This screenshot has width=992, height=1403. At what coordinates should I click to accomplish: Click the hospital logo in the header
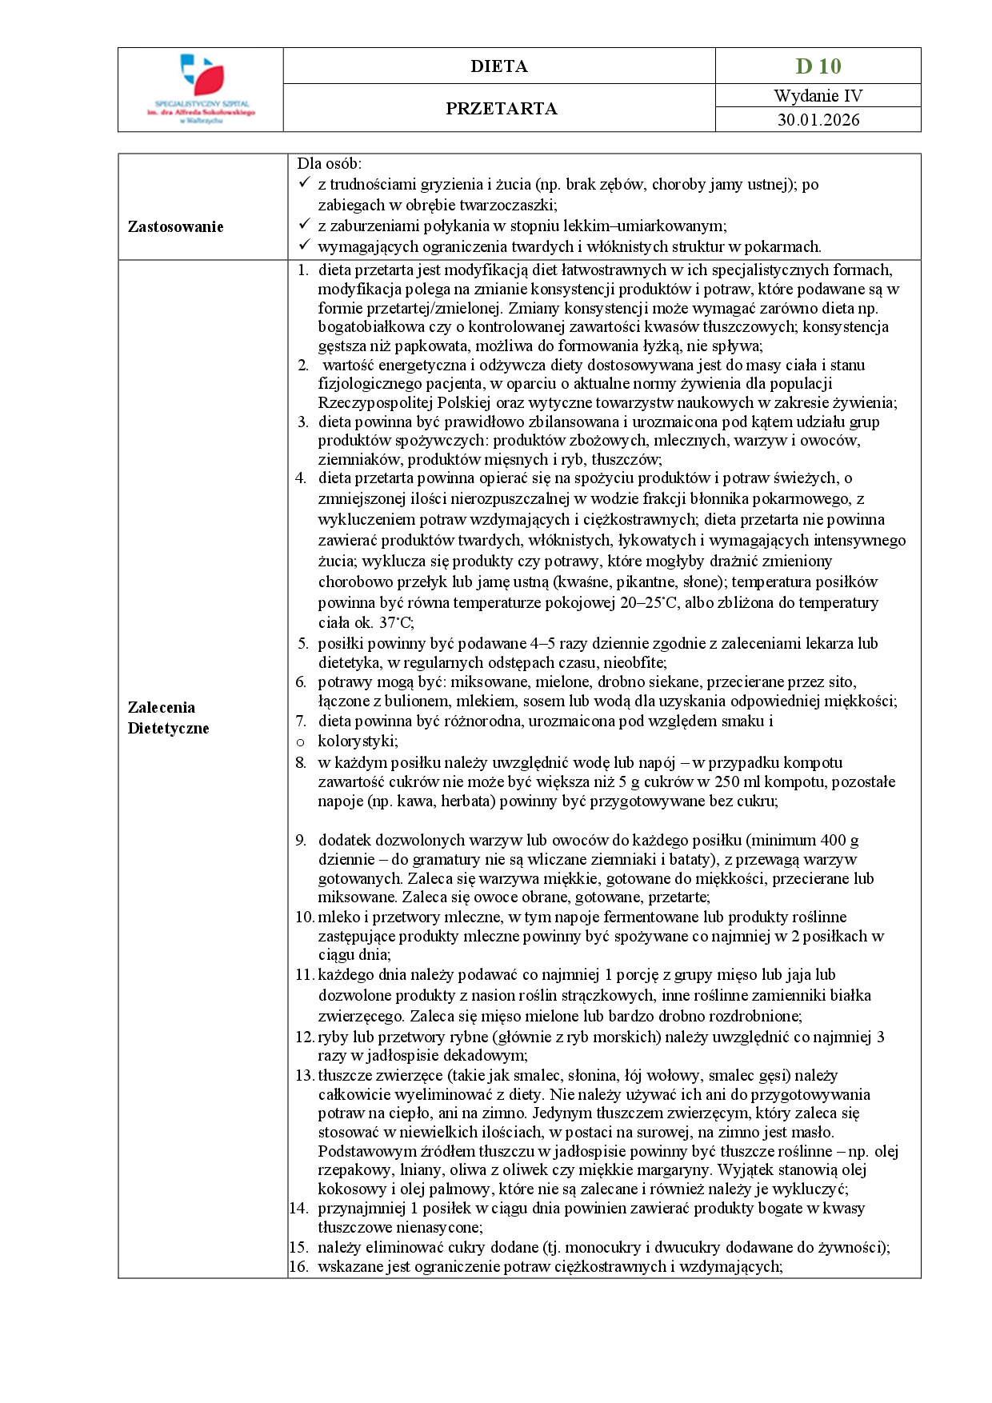[201, 88]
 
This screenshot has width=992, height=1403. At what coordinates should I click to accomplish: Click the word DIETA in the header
[498, 66]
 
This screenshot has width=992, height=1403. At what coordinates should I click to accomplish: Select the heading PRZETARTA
[501, 109]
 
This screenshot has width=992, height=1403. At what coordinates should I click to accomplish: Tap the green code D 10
[818, 66]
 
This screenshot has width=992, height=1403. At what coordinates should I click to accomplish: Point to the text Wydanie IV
[818, 96]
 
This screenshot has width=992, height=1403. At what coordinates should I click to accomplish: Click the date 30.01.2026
[818, 120]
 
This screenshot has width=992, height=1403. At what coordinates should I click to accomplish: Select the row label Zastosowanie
[175, 226]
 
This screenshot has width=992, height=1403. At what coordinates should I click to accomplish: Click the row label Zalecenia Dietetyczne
[168, 717]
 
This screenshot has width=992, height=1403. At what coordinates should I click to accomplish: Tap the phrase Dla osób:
[329, 163]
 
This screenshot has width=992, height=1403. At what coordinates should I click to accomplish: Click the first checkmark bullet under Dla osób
[303, 184]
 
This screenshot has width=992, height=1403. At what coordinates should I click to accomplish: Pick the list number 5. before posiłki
[302, 643]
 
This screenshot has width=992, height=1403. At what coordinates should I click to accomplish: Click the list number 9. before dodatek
[301, 840]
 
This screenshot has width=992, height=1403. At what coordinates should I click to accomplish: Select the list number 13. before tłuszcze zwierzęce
[304, 1075]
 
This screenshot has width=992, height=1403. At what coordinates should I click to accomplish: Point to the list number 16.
[298, 1266]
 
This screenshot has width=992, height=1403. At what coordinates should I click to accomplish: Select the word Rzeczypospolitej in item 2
[370, 402]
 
